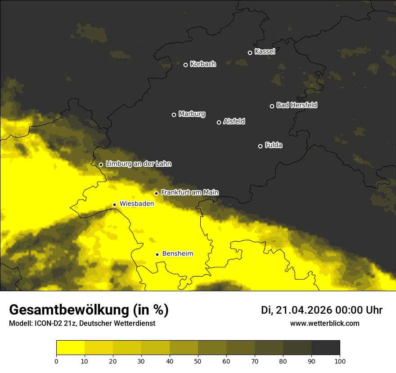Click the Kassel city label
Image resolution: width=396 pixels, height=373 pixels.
pos(265,52)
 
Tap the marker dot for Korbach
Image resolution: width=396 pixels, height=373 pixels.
pos(185,65)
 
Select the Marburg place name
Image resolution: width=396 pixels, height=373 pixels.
pos(192,114)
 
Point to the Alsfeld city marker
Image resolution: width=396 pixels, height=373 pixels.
pos(219,122)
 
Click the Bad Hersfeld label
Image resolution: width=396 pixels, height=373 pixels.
pos(297,105)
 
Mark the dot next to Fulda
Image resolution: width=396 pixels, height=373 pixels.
pos(260,146)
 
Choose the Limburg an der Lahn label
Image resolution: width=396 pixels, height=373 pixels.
pos(138,164)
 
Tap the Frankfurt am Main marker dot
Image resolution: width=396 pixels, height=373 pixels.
pos(157,193)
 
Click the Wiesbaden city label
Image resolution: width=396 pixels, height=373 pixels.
pos(136,204)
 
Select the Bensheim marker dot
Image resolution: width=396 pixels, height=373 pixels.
pos(157,254)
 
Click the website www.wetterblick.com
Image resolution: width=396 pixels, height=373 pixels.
pos(324,323)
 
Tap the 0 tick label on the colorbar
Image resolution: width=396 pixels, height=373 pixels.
pos(56,361)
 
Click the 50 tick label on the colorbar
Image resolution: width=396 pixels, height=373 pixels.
pos(198,361)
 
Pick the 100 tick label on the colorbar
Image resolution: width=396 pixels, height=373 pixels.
pos(340,361)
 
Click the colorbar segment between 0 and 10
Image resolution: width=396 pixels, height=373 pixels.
pos(70,348)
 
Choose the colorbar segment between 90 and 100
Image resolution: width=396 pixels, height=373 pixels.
pos(325,348)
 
